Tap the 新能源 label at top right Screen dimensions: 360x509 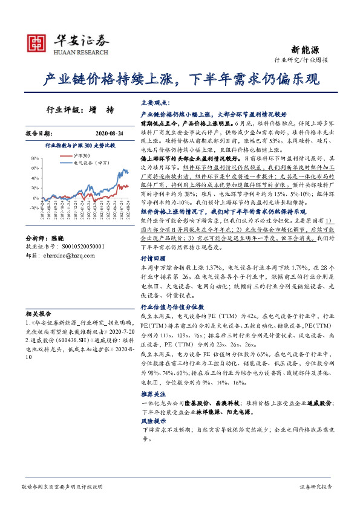[x=321, y=50]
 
